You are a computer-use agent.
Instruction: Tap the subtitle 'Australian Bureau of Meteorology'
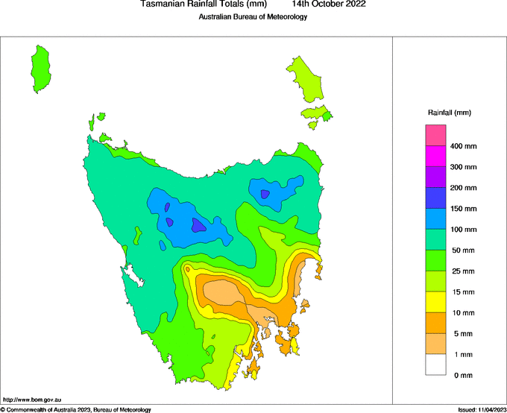click(x=253, y=17)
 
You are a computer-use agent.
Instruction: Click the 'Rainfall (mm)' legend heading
click(x=449, y=113)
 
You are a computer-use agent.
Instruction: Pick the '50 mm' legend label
click(x=462, y=250)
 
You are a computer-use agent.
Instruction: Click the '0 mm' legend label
click(x=462, y=375)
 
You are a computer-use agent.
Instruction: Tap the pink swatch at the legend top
click(x=435, y=136)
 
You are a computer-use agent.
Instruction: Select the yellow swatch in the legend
click(x=435, y=302)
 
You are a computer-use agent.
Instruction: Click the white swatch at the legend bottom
click(x=435, y=365)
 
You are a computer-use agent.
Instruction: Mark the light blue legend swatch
click(x=435, y=219)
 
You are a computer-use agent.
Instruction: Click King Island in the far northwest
click(x=42, y=67)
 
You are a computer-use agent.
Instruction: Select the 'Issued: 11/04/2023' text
click(x=482, y=409)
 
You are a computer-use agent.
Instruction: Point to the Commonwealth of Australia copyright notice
click(x=76, y=409)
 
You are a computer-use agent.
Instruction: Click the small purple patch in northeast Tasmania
click(x=265, y=195)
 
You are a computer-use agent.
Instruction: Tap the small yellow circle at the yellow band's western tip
click(x=188, y=268)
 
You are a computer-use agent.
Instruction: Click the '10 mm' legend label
click(x=462, y=312)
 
